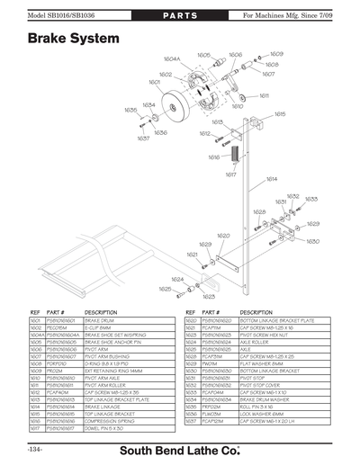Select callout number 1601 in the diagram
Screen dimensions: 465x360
coord(154,82)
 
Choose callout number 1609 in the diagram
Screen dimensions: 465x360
coord(276,55)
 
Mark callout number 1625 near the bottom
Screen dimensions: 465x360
coord(165,290)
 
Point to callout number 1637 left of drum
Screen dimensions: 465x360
coord(143,139)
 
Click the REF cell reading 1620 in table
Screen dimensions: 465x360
coord(191,319)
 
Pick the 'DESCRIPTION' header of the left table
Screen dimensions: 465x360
coord(101,312)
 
